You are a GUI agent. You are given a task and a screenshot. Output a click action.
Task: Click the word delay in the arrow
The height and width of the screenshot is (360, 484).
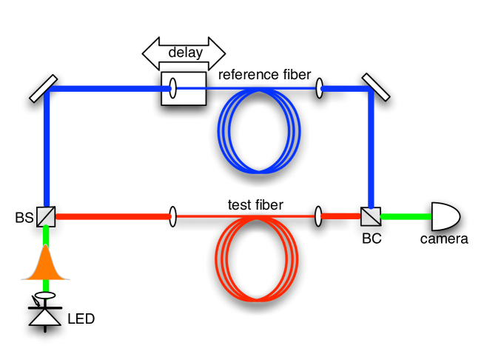(x=185, y=53)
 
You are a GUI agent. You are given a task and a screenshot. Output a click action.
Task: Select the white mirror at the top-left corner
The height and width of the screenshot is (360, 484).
(x=43, y=88)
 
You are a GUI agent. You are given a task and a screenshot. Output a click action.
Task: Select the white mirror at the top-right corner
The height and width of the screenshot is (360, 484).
(x=376, y=87)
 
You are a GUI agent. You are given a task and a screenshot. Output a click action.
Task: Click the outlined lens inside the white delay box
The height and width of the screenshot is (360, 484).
(x=172, y=88)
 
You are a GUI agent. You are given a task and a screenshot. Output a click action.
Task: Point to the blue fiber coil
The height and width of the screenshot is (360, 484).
(x=259, y=130)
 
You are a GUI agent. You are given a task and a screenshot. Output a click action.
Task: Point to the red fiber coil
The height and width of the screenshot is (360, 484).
(x=257, y=259)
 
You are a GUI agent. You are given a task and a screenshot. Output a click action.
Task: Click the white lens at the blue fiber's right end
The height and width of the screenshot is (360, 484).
(x=319, y=88)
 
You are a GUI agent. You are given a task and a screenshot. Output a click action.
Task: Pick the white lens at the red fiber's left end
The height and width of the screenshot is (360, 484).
(x=172, y=216)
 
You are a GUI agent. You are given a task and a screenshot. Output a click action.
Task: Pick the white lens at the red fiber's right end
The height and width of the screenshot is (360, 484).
(x=318, y=216)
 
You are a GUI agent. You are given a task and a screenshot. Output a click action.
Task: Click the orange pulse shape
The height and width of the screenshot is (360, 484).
(x=45, y=265)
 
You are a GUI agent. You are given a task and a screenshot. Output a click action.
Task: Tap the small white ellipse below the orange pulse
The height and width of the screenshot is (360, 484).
(x=45, y=296)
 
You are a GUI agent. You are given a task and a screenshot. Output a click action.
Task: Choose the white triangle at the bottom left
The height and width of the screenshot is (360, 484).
(x=45, y=317)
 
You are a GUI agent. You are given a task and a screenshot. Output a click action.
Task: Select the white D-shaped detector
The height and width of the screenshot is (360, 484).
(x=445, y=216)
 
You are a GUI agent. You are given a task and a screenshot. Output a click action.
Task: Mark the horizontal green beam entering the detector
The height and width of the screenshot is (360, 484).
(x=406, y=216)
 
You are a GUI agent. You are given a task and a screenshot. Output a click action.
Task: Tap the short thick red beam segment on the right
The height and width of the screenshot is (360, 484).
(x=340, y=216)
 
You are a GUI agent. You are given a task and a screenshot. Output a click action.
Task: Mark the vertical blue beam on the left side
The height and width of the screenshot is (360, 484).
(x=47, y=148)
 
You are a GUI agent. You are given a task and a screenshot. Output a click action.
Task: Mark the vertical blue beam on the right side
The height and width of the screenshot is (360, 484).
(x=371, y=148)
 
